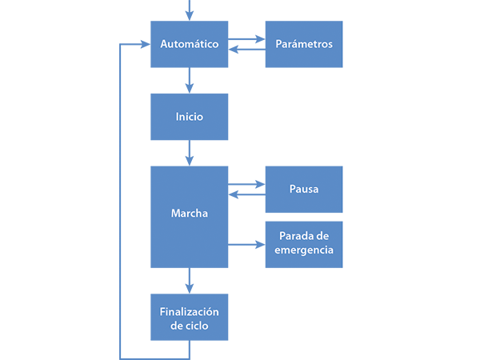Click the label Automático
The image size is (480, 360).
click(190, 44)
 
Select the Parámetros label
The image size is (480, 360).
click(304, 44)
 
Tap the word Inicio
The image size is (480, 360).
click(190, 117)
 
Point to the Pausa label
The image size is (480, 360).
click(304, 190)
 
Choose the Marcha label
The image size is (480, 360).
click(190, 214)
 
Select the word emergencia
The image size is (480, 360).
click(304, 250)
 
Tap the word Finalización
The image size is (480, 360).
click(190, 312)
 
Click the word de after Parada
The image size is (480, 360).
click(322, 236)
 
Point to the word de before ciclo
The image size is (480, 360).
click(178, 326)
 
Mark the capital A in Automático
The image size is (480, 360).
click(164, 44)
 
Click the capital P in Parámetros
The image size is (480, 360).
click(278, 44)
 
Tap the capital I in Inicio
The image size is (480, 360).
click(178, 117)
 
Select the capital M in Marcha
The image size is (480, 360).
click(175, 214)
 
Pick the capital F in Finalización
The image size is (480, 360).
click(162, 312)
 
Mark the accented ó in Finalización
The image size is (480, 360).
click(209, 312)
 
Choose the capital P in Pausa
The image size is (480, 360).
click(293, 190)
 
